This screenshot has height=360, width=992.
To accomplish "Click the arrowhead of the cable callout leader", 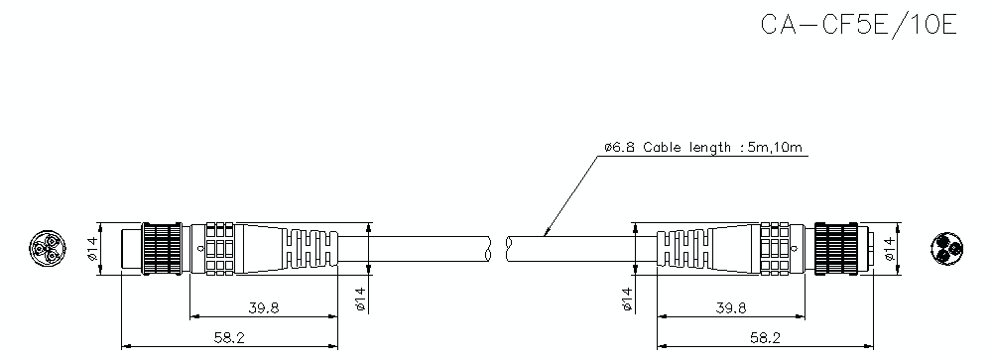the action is pyautogui.click(x=547, y=234).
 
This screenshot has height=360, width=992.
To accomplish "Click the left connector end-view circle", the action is pyautogui.click(x=45, y=247).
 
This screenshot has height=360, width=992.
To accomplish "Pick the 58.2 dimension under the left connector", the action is pyautogui.click(x=229, y=338).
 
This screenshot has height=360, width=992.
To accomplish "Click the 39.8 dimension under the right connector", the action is pyautogui.click(x=730, y=307).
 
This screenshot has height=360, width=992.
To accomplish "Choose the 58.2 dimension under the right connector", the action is pyautogui.click(x=763, y=338).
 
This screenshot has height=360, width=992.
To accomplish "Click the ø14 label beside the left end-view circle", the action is pyautogui.click(x=93, y=247).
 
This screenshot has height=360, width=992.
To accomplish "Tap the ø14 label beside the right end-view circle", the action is pyautogui.click(x=889, y=247).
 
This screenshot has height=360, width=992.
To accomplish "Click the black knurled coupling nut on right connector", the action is pyautogui.click(x=835, y=247).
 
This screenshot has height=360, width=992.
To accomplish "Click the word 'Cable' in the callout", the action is pyautogui.click(x=662, y=149).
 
